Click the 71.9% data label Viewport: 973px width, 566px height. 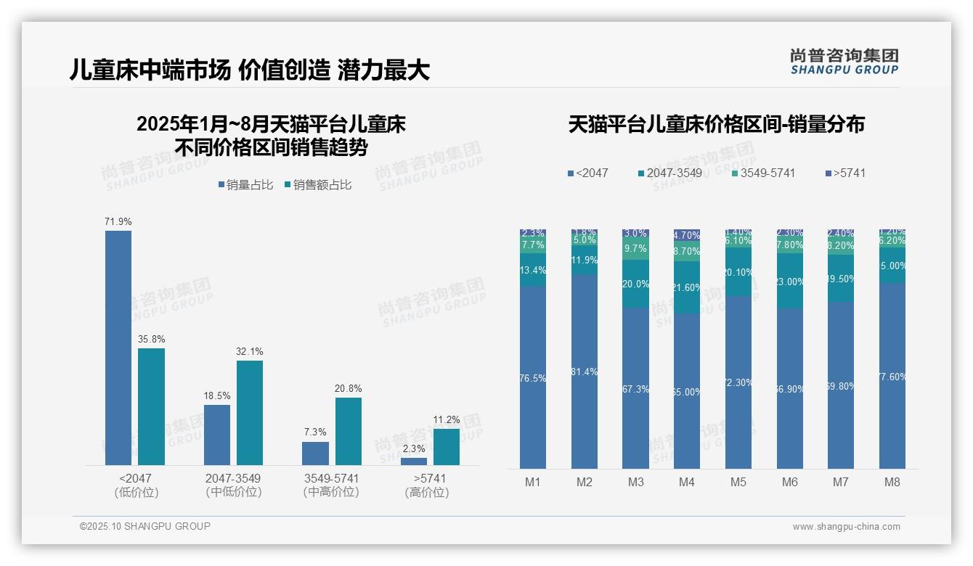pos(118,221)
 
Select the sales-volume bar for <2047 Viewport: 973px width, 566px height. pos(118,348)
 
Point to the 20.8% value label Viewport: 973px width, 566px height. pos(348,388)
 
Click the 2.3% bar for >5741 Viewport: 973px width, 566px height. pos(414,461)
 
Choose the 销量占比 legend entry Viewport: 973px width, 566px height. pos(245,185)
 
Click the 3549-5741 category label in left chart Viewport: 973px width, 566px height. pos(331,479)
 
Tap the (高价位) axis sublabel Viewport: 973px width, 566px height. pos(427,492)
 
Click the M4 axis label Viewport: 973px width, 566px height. pos(687,482)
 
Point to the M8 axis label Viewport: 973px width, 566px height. pos(892,482)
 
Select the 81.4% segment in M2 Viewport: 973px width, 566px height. pos(585,372)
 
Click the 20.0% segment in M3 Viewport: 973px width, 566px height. pos(635,284)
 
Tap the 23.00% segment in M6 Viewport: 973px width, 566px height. pos(790,281)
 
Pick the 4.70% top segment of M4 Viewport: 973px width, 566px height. pos(687,235)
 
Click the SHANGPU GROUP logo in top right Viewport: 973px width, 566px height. pos(844,62)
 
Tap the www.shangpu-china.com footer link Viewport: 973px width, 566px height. pos(846,527)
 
